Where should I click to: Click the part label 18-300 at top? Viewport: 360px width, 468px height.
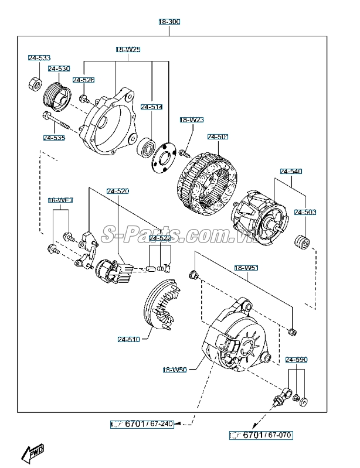[x=169, y=22]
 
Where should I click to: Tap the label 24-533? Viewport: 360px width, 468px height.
[x=39, y=58]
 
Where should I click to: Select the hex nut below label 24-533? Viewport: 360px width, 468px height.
[x=35, y=84]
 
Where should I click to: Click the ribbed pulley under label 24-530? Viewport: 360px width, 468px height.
[x=57, y=97]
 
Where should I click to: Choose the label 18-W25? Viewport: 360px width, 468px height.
[x=128, y=50]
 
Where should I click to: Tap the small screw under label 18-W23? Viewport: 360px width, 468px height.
[x=184, y=153]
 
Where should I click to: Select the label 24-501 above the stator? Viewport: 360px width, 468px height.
[x=218, y=137]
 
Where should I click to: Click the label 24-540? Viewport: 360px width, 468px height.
[x=291, y=172]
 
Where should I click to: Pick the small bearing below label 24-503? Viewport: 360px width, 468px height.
[x=302, y=242]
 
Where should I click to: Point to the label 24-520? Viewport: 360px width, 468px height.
[x=118, y=192]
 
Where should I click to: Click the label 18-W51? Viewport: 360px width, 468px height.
[x=246, y=268]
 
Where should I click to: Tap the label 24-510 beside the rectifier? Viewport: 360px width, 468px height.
[x=129, y=340]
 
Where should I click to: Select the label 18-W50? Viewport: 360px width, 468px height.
[x=175, y=370]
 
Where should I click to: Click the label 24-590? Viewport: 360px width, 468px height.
[x=296, y=360]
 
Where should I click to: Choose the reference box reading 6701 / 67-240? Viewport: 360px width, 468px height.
[x=142, y=424]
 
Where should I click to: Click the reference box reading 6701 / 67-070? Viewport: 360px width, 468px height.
[x=261, y=435]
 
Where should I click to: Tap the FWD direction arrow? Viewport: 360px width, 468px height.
[x=33, y=453]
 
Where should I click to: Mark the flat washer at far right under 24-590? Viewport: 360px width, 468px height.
[x=304, y=402]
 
